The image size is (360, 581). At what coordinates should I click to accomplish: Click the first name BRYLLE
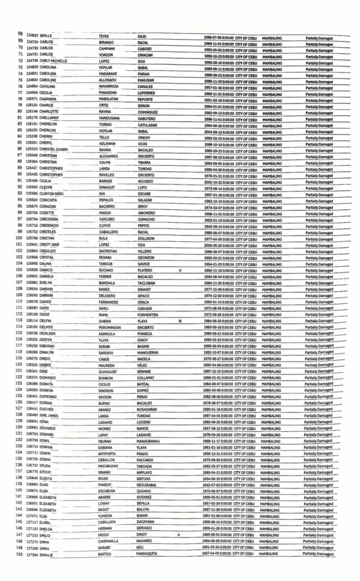(x=45, y=36)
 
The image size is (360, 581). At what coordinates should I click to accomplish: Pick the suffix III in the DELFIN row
(x=180, y=321)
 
